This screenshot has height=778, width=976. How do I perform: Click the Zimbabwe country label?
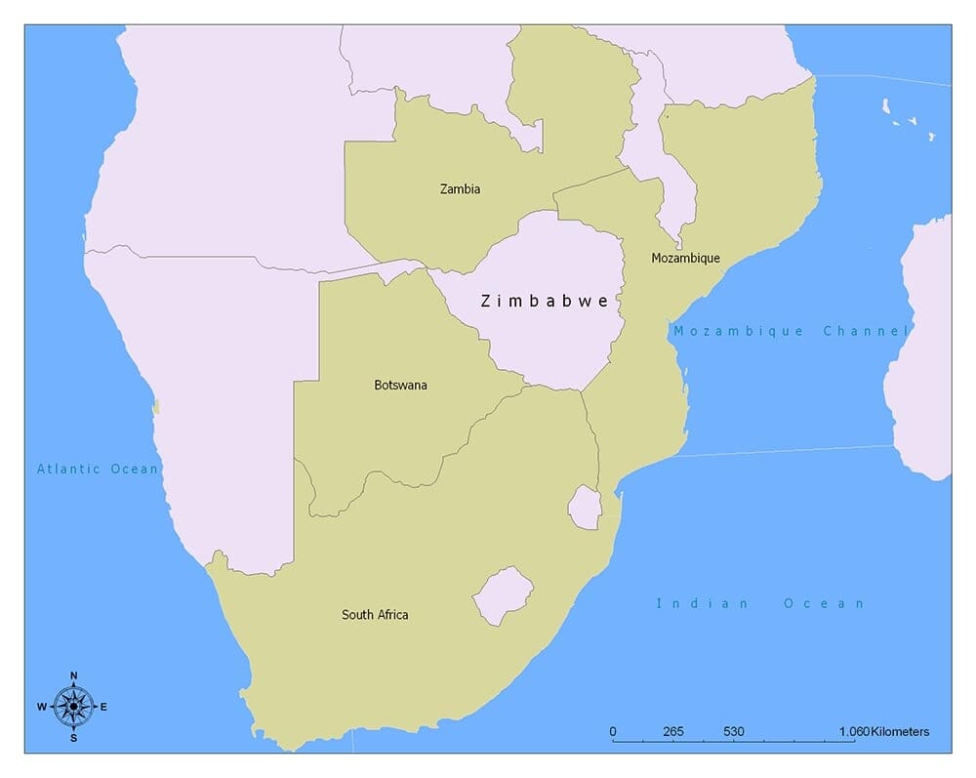pos(545,302)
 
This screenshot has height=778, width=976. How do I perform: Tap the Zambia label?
pos(460,189)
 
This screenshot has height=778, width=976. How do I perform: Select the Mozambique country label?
pos(686,259)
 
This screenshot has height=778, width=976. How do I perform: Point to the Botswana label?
pos(400,386)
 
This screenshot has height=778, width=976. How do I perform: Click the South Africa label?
pos(375,615)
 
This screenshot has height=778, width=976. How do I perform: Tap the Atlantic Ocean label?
pos(98,470)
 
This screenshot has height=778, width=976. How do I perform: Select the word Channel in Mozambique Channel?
pos(866,332)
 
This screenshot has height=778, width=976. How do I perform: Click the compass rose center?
pos(73,706)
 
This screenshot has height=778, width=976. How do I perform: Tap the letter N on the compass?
pos(73,676)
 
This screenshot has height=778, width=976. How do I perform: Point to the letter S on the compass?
pos(73,738)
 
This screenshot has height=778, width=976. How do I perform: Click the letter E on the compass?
pos(103,707)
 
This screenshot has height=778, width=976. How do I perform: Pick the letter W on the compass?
pos(42,707)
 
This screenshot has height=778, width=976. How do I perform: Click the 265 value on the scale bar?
pos(672,732)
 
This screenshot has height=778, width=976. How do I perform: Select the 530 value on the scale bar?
pos(734,732)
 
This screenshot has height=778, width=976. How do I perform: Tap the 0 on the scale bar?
pos(613,732)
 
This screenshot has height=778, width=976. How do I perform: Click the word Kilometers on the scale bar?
pos(900,732)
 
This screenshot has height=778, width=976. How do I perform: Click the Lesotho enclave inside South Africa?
pos(503,594)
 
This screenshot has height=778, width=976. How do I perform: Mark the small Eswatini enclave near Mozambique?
pos(585,508)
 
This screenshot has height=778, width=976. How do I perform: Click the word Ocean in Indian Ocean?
pos(824,604)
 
